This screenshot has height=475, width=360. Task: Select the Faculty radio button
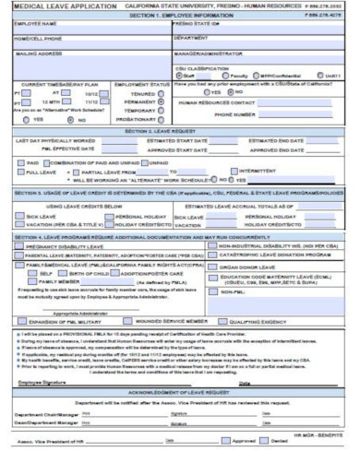pos(225,76)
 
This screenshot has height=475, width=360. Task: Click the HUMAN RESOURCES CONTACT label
pos(208,103)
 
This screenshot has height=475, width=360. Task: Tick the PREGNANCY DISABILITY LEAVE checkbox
pos(20,247)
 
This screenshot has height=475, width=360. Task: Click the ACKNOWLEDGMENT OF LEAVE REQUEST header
pos(179,391)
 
